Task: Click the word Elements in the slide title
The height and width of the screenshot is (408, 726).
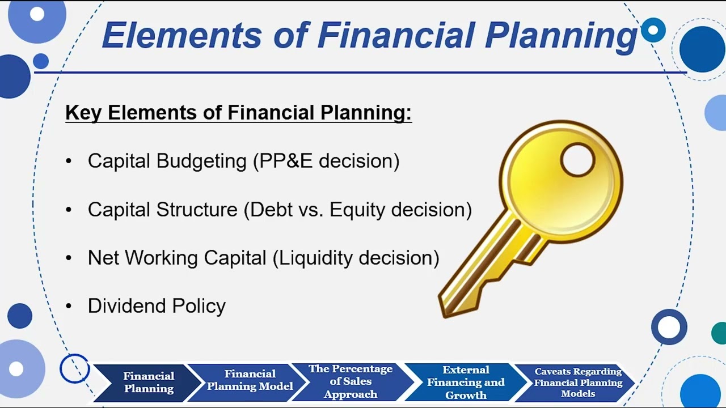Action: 182,35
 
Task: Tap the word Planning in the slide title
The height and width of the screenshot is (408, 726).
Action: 562,35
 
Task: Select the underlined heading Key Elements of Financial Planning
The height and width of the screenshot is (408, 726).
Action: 238,113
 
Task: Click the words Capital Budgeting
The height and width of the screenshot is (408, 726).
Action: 167,161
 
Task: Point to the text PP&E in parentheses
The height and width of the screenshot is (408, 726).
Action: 286,161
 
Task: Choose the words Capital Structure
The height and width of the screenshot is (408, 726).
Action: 162,210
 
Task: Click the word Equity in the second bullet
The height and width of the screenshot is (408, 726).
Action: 358,210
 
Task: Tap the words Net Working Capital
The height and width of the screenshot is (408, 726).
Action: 176,258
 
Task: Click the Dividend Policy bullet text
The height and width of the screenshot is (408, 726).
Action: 157,306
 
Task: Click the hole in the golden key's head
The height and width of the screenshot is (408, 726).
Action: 577,160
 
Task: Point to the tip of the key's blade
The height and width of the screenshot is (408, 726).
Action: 445,309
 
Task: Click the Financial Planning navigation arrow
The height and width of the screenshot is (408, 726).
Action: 149,382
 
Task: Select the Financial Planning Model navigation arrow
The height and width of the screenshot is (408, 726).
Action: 250,380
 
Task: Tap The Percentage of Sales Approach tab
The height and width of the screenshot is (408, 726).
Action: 351,381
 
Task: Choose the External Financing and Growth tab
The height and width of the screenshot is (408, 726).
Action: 466,382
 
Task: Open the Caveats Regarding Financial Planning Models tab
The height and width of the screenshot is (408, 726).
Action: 578,382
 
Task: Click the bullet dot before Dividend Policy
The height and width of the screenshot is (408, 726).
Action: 69,306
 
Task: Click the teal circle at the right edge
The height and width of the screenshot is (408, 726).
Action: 720,333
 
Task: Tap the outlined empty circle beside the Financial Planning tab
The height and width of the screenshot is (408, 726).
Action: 74,369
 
